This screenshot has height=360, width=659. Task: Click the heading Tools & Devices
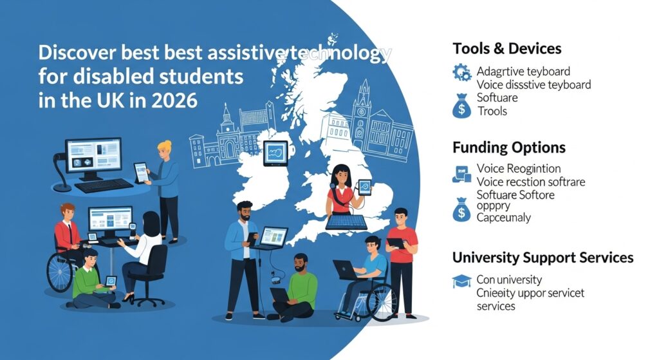[506, 48]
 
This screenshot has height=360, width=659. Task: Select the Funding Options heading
[508, 147]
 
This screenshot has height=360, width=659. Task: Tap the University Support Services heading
[543, 258]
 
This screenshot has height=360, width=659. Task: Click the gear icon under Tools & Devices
[461, 72]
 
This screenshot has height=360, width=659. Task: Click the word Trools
[492, 111]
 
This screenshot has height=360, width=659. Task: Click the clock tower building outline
[364, 113]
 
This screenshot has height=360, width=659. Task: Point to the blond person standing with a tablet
[167, 187]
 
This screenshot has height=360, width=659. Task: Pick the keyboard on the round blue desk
[103, 186]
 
